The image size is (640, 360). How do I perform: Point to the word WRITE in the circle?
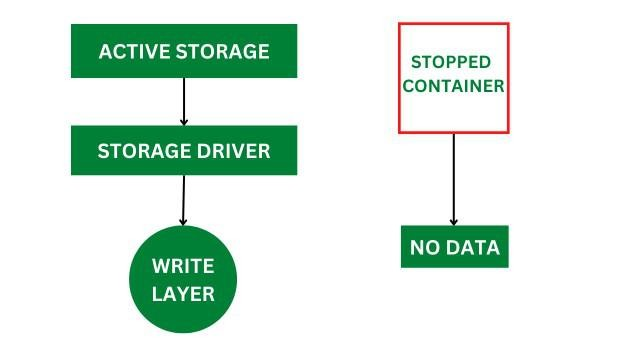click(x=184, y=267)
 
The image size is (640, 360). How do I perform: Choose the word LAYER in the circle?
click(x=184, y=293)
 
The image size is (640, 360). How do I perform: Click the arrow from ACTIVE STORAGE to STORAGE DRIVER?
click(x=184, y=101)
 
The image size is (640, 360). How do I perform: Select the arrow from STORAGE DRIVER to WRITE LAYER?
click(x=183, y=200)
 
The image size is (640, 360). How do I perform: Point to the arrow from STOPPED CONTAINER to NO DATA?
click(x=454, y=180)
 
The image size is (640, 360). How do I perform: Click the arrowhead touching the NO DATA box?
click(x=454, y=221)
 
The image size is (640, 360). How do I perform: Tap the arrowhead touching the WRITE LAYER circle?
click(x=182, y=220)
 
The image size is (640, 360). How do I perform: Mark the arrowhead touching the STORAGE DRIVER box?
click(x=184, y=121)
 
